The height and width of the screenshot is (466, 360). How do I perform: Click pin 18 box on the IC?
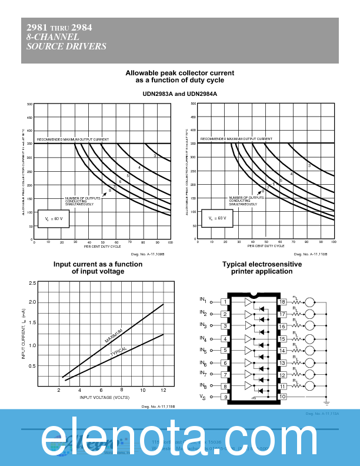(282, 302)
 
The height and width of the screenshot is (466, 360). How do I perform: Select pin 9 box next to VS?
(225, 397)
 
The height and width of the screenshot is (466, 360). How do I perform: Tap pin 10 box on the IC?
(282, 397)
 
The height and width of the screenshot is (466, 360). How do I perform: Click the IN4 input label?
(203, 338)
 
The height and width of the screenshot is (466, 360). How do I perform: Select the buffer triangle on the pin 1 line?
(248, 302)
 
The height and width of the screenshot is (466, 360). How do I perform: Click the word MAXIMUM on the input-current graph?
(114, 336)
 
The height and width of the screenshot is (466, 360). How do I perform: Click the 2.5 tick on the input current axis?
(32, 283)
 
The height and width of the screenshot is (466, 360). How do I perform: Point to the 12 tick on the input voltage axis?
(163, 391)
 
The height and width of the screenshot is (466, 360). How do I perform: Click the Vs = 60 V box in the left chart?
(54, 219)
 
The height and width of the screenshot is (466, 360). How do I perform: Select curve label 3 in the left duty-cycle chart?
(155, 156)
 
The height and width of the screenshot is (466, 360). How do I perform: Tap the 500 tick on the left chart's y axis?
(29, 104)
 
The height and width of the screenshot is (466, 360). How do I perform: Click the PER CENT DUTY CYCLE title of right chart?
(265, 247)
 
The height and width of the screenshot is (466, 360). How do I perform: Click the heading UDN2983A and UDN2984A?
(180, 94)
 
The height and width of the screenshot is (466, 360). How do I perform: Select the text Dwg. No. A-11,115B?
(155, 407)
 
